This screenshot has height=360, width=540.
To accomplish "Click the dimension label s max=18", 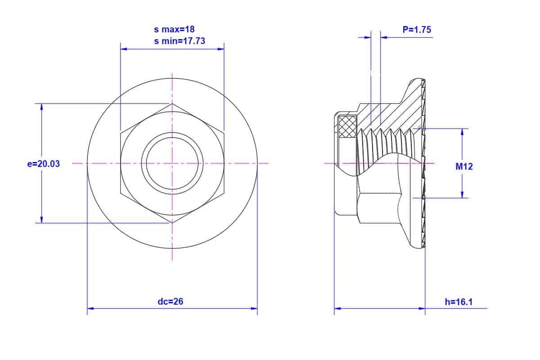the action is pos(174,29).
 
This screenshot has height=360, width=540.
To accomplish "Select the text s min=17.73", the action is pos(180,41).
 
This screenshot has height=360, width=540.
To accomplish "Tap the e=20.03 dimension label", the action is pos(43,164).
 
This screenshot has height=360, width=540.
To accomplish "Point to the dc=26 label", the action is pos(171,301).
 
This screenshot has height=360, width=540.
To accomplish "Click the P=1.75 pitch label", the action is pos(417,30).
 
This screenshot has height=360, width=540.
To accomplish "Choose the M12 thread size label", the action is pos(464,166).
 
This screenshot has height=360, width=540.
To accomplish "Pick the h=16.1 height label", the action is pos(459,302).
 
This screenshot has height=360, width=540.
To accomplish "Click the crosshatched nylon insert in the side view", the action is pos(347,126).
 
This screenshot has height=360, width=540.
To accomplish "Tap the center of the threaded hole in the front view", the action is pos(172,163).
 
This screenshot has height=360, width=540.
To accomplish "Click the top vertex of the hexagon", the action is pos(172,103).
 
